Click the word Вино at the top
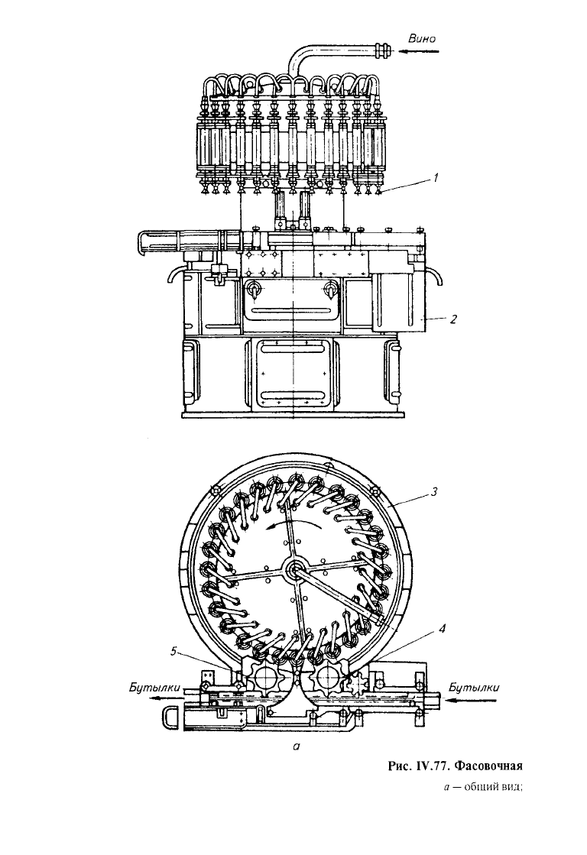coord(422,38)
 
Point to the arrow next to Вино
coord(418,52)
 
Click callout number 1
coord(436,177)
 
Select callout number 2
coord(452,319)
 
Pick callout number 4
coord(443,629)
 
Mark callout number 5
coord(174,650)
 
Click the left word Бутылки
coord(154,688)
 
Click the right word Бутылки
coord(474,687)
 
